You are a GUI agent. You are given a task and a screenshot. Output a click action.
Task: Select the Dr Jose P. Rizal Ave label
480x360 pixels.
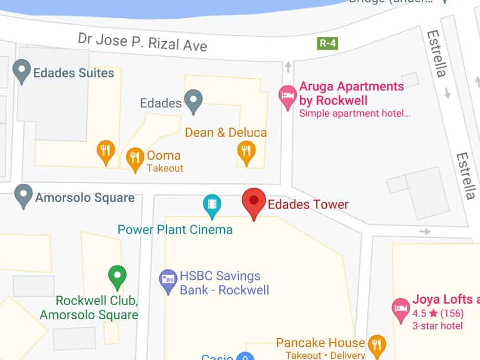click(142, 42)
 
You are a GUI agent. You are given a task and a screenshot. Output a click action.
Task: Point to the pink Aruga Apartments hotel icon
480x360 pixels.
click(287, 96)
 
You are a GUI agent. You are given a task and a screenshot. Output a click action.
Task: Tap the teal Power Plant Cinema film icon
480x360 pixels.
click(212, 205)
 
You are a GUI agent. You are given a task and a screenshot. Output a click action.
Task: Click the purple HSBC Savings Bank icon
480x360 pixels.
click(168, 280)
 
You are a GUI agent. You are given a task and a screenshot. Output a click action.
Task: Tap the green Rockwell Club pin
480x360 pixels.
click(117, 276)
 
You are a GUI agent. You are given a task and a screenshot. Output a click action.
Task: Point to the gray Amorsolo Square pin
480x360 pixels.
click(23, 195)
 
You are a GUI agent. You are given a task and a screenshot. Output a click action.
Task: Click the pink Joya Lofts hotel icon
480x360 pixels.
click(400, 309)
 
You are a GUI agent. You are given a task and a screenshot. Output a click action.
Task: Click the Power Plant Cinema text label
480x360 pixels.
click(175, 230)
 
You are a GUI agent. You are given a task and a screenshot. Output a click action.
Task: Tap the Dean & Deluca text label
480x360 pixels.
click(226, 133)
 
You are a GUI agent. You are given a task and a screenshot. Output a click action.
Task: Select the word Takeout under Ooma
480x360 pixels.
click(165, 168)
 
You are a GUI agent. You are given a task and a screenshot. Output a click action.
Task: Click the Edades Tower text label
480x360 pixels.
click(308, 204)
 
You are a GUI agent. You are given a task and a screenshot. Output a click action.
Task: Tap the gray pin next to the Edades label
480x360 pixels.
click(193, 100)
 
